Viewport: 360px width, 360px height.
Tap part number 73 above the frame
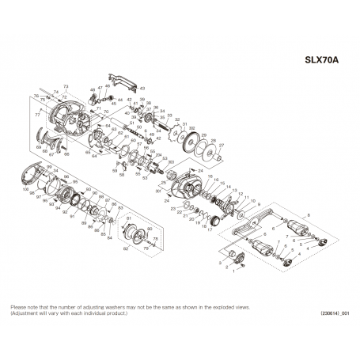coord(66,85)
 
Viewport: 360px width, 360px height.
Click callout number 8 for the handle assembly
coord(309,214)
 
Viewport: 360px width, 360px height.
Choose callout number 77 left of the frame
coord(36,114)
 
